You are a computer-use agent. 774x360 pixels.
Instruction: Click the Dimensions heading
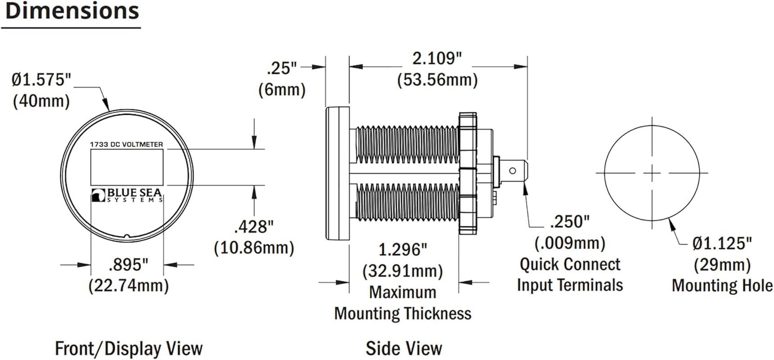pyautogui.click(x=72, y=11)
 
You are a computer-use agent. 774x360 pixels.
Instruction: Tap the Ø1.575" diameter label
pyautogui.click(x=41, y=80)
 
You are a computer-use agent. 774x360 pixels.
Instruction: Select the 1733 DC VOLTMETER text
pyautogui.click(x=126, y=144)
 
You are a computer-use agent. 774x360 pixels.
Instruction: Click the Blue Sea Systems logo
pyautogui.click(x=127, y=195)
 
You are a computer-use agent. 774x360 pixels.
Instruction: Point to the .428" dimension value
pyautogui.click(x=254, y=227)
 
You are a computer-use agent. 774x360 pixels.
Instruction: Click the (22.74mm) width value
pyautogui.click(x=129, y=285)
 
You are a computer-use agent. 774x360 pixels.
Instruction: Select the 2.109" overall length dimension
pyautogui.click(x=437, y=58)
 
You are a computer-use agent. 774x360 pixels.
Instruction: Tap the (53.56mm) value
pyautogui.click(x=437, y=80)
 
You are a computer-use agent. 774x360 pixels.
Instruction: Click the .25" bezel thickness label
pyautogui.click(x=282, y=68)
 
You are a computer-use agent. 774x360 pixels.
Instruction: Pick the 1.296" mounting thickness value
pyautogui.click(x=403, y=249)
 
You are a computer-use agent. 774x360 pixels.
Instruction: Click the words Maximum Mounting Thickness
pyautogui.click(x=403, y=303)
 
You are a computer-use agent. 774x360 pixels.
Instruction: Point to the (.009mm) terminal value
pyautogui.click(x=570, y=243)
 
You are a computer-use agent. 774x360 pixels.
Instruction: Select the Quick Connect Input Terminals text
pyautogui.click(x=570, y=274)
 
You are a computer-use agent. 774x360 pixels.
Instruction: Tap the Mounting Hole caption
pyautogui.click(x=722, y=285)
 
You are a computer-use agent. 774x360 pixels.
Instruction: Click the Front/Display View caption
pyautogui.click(x=129, y=349)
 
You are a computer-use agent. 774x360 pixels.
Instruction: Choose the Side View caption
pyautogui.click(x=404, y=349)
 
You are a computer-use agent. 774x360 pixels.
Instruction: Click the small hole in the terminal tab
pyautogui.click(x=512, y=171)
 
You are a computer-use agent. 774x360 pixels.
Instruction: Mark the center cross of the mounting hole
pyautogui.click(x=652, y=173)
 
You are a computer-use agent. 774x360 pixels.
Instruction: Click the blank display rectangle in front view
pyautogui.click(x=127, y=167)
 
